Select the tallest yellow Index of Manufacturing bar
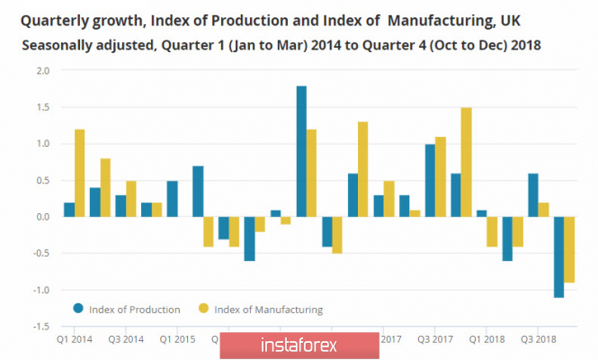coord(466,162)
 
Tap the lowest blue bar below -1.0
coord(559,256)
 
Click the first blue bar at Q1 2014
coord(69,210)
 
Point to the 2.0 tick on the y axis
coord(43,70)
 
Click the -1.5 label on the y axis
coord(41,327)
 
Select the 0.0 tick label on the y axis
coord(43,217)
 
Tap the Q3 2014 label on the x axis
coord(124,339)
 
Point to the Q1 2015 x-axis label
coord(176,339)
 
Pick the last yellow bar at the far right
coord(570,249)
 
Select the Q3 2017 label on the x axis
coord(435,339)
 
